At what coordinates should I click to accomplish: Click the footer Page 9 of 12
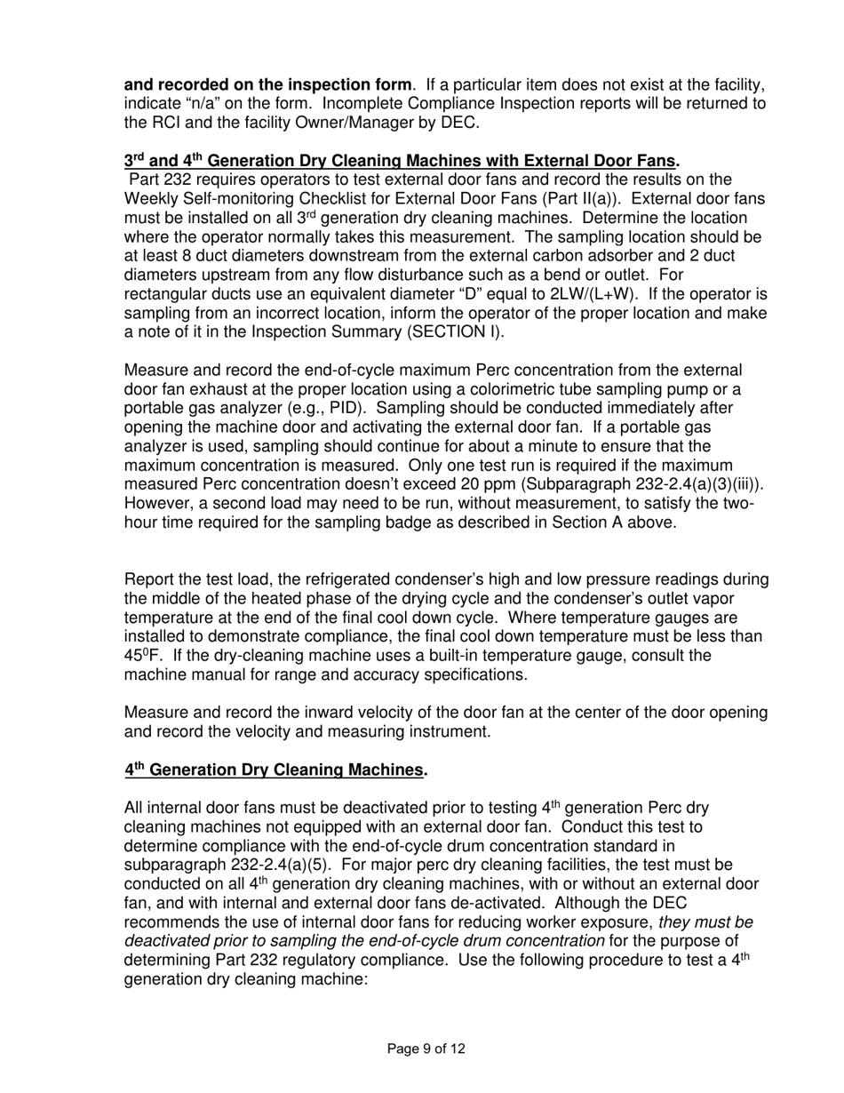point(426,1049)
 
